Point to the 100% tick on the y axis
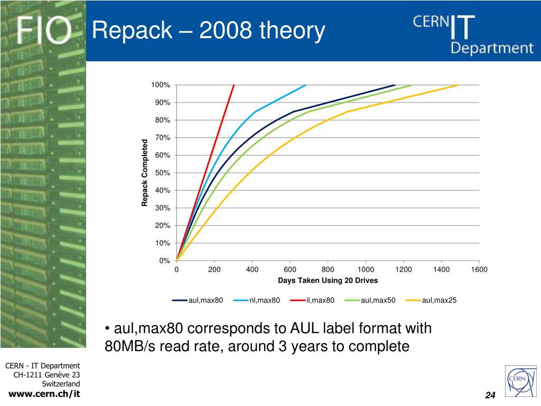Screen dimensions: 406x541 point(160,85)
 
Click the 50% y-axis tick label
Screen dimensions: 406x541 point(162,173)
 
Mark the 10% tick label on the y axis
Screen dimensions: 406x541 point(162,243)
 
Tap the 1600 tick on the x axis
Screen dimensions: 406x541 point(479,270)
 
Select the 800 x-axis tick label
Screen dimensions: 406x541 point(328,270)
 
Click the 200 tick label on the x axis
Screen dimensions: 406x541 point(214,270)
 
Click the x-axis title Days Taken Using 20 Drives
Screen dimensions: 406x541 point(328,280)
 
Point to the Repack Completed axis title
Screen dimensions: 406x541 point(144,173)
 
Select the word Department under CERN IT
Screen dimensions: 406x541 point(492,48)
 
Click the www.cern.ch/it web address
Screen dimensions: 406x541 point(45,393)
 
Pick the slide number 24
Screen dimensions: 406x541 point(490,396)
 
